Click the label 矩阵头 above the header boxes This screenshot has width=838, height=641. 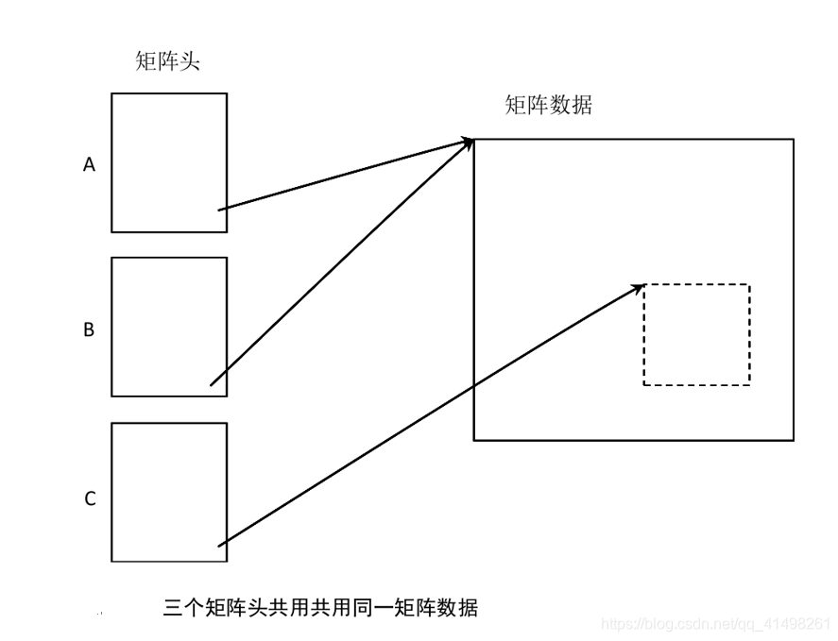click(x=168, y=62)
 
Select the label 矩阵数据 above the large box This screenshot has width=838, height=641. click(x=548, y=105)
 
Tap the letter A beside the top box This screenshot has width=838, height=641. click(x=90, y=164)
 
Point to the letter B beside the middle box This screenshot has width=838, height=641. click(x=89, y=329)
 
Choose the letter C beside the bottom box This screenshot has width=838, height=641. click(x=90, y=498)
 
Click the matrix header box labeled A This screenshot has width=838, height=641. click(x=169, y=142)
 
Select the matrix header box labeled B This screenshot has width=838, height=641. click(x=169, y=312)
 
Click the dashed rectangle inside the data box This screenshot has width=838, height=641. click(x=696, y=334)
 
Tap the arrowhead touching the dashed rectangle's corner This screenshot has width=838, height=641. click(x=638, y=287)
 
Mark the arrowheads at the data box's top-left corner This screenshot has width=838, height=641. click(x=467, y=143)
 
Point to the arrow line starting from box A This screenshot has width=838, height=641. click(x=345, y=175)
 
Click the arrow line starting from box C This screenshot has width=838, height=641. click(x=430, y=415)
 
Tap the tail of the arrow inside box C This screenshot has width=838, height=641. click(x=220, y=545)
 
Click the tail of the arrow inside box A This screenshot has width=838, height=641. click(x=220, y=210)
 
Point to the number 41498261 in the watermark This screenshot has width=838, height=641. click(x=801, y=624)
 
